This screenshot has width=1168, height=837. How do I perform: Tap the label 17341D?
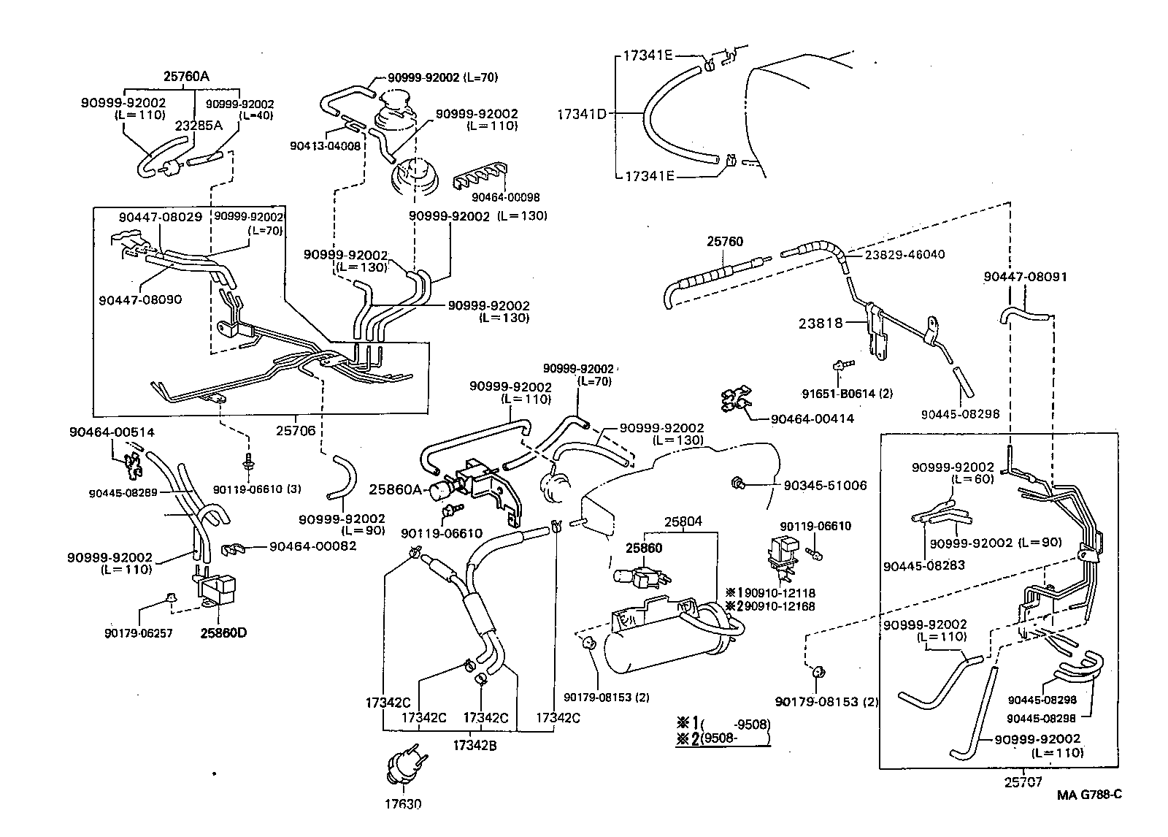click(581, 114)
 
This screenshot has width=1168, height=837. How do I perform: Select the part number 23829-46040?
click(904, 254)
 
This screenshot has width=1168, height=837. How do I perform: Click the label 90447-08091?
click(1025, 277)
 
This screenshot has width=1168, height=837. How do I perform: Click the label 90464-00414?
click(812, 418)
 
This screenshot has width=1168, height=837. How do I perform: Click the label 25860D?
click(223, 632)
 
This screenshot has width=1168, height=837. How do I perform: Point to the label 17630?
click(404, 805)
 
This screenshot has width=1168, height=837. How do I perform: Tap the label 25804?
click(683, 521)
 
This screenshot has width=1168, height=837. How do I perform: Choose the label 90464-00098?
click(505, 197)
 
